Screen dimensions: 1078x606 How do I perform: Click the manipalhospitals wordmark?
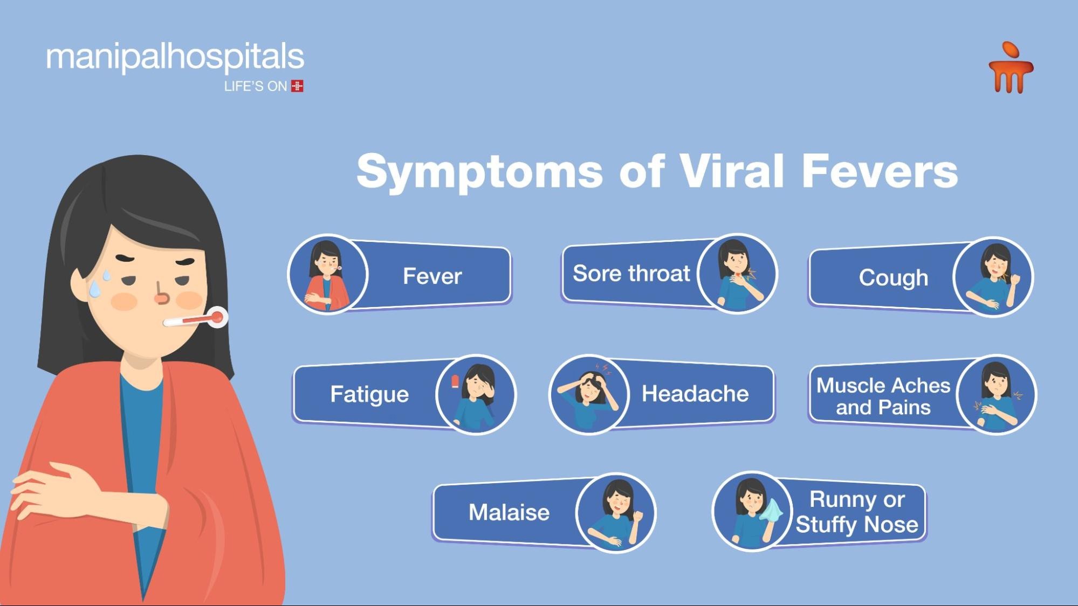tap(175, 58)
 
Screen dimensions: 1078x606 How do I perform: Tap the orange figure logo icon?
tap(1011, 68)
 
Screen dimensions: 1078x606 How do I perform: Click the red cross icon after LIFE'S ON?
tap(297, 86)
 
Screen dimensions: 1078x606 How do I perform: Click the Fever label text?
tap(432, 276)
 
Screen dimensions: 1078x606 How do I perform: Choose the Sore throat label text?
tap(631, 274)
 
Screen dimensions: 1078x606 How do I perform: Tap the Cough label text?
tap(894, 278)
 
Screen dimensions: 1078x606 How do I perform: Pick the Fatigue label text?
tap(369, 394)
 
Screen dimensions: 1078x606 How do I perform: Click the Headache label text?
tap(695, 394)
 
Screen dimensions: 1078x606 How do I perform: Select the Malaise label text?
tap(509, 512)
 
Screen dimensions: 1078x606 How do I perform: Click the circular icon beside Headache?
tap(589, 394)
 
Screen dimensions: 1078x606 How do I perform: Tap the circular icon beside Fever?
tap(328, 274)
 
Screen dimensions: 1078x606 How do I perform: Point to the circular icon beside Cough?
tap(993, 277)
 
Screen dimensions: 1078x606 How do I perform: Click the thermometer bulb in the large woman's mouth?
tap(217, 317)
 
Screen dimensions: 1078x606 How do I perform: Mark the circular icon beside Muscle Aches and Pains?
tap(997, 394)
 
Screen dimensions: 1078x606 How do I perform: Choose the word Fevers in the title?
tap(880, 171)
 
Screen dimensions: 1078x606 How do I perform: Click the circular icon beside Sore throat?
tap(737, 274)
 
